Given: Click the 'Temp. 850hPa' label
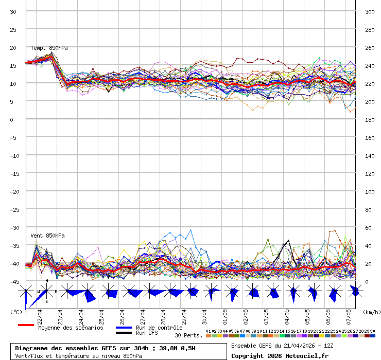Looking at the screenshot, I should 49,48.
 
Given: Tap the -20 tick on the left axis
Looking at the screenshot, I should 14,191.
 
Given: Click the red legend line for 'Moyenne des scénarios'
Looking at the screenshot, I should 26,325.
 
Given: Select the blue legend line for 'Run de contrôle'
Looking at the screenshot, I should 124,328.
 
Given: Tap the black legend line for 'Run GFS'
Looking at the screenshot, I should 124,333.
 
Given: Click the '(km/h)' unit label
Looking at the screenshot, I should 371,312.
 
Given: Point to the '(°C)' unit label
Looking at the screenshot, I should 16,312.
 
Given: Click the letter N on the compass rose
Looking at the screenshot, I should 47,281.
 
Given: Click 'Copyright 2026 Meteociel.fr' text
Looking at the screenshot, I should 280,355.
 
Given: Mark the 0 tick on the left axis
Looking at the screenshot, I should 11,119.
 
